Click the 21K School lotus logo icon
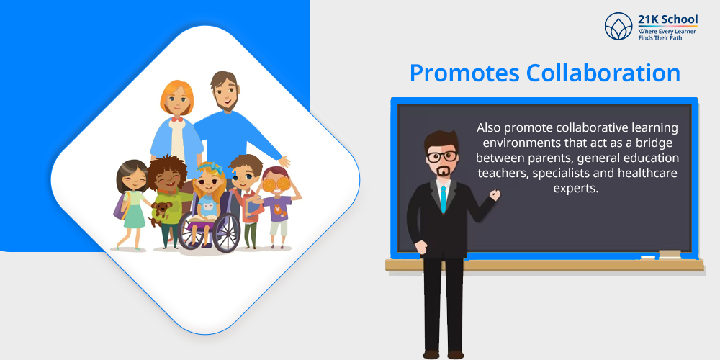point(618,26)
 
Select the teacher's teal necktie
point(443,199)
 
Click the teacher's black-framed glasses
point(442,156)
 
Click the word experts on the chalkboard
point(577,189)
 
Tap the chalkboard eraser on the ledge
point(670,253)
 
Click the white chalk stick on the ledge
point(648,257)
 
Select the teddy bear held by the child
point(161,212)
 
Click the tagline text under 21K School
point(667,35)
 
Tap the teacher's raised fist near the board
point(495,194)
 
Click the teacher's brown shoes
point(443,354)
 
